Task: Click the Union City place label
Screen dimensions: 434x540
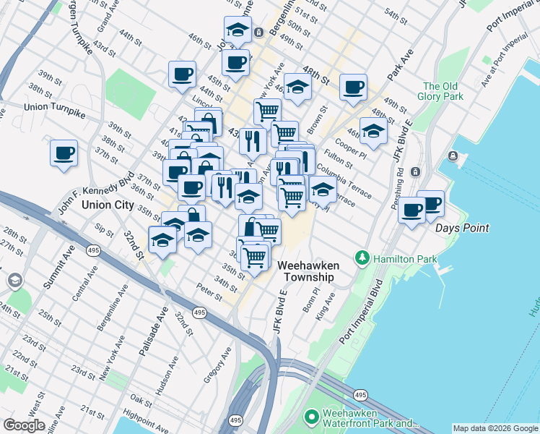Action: [x=108, y=205]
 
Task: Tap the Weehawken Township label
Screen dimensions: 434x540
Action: [x=308, y=271]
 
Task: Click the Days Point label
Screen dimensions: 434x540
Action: [x=462, y=228]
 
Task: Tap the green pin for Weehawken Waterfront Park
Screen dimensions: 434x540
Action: [x=312, y=417]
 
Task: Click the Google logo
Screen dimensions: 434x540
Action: [x=24, y=425]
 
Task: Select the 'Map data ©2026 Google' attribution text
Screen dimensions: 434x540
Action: [x=495, y=429]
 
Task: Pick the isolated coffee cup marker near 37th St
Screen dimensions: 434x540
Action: [x=64, y=153]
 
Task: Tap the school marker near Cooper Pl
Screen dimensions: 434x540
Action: [x=373, y=131]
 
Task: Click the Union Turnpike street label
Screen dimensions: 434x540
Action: [x=54, y=107]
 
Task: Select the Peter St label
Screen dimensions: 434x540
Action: [x=209, y=287]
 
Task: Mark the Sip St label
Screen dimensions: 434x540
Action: [x=104, y=231]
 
